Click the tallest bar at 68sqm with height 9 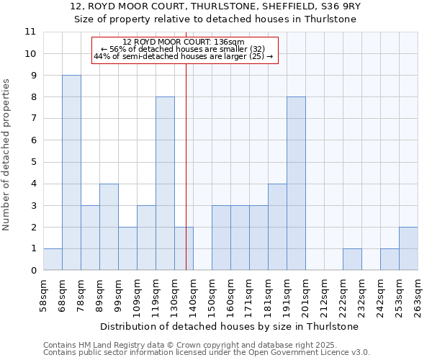pyautogui.click(x=71, y=173)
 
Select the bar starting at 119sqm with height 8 pyautogui.click(x=165, y=184)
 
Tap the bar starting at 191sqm pyautogui.click(x=296, y=184)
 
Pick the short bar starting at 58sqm pyautogui.click(x=53, y=260)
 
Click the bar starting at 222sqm pyautogui.click(x=352, y=260)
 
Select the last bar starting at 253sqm pyautogui.click(x=408, y=249)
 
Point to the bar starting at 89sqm pyautogui.click(x=109, y=227)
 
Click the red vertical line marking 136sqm pyautogui.click(x=186, y=158)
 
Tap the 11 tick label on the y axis pyautogui.click(x=30, y=32)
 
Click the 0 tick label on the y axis pyautogui.click(x=33, y=271)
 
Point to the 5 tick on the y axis pyautogui.click(x=33, y=162)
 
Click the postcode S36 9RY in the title pyautogui.click(x=330, y=6)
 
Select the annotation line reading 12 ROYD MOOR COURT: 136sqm pyautogui.click(x=184, y=42)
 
